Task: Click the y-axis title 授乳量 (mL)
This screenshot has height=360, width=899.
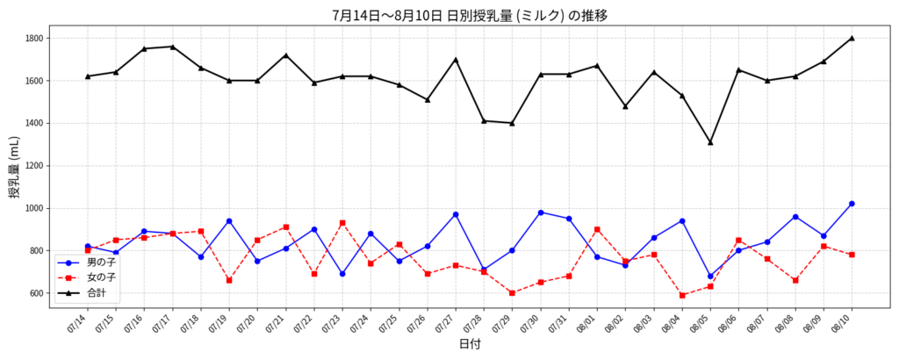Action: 15,168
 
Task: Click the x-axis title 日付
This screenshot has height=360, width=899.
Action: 470,345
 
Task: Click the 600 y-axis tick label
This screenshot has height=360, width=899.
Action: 36,293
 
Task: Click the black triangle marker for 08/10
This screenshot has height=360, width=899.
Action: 852,38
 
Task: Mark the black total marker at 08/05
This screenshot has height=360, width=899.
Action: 710,142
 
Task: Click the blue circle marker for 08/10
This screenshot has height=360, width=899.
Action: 852,204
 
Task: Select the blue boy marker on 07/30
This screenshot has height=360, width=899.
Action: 541,212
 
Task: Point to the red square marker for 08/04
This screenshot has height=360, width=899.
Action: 682,295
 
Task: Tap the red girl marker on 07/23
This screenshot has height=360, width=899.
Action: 342,223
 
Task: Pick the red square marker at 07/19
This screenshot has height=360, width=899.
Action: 229,280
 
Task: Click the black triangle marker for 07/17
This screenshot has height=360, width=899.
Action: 173,47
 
